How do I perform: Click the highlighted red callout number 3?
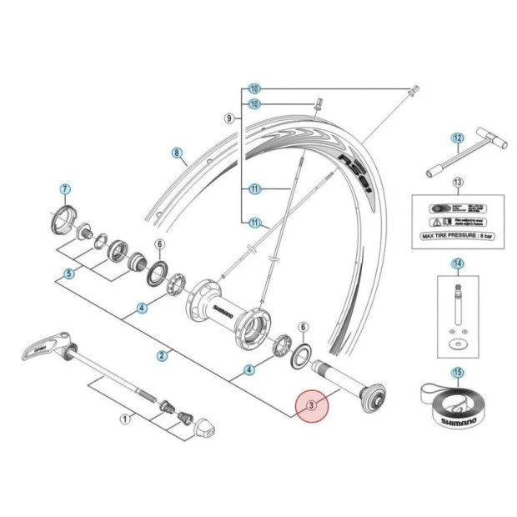[x=311, y=406]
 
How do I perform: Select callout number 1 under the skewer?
[x=125, y=419]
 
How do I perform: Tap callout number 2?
[x=162, y=355]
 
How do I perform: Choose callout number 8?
[x=176, y=153]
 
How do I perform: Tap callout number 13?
[x=457, y=183]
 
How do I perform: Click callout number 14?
[x=457, y=264]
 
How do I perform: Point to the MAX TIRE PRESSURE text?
[x=456, y=236]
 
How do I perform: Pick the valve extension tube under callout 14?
[x=457, y=304]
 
